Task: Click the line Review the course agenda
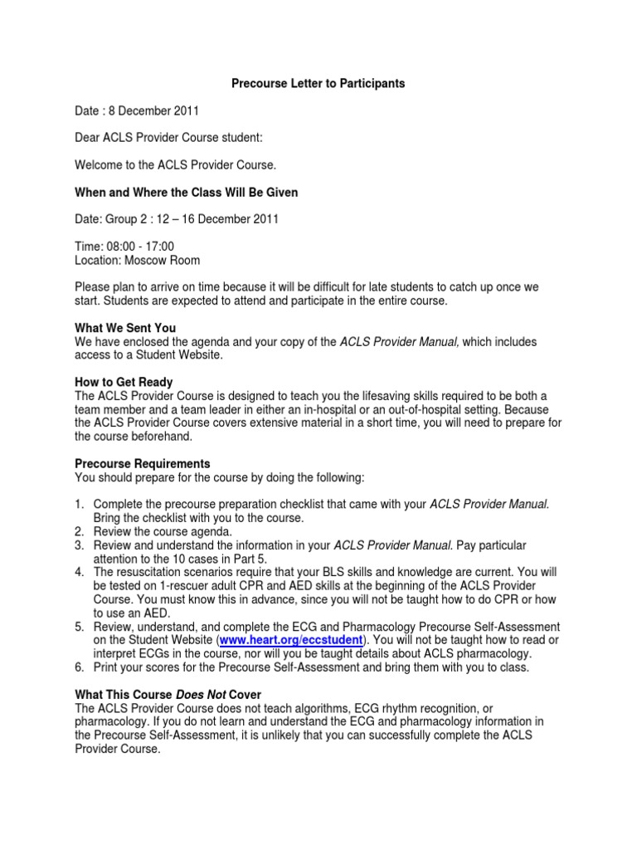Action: pos(163,530)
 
